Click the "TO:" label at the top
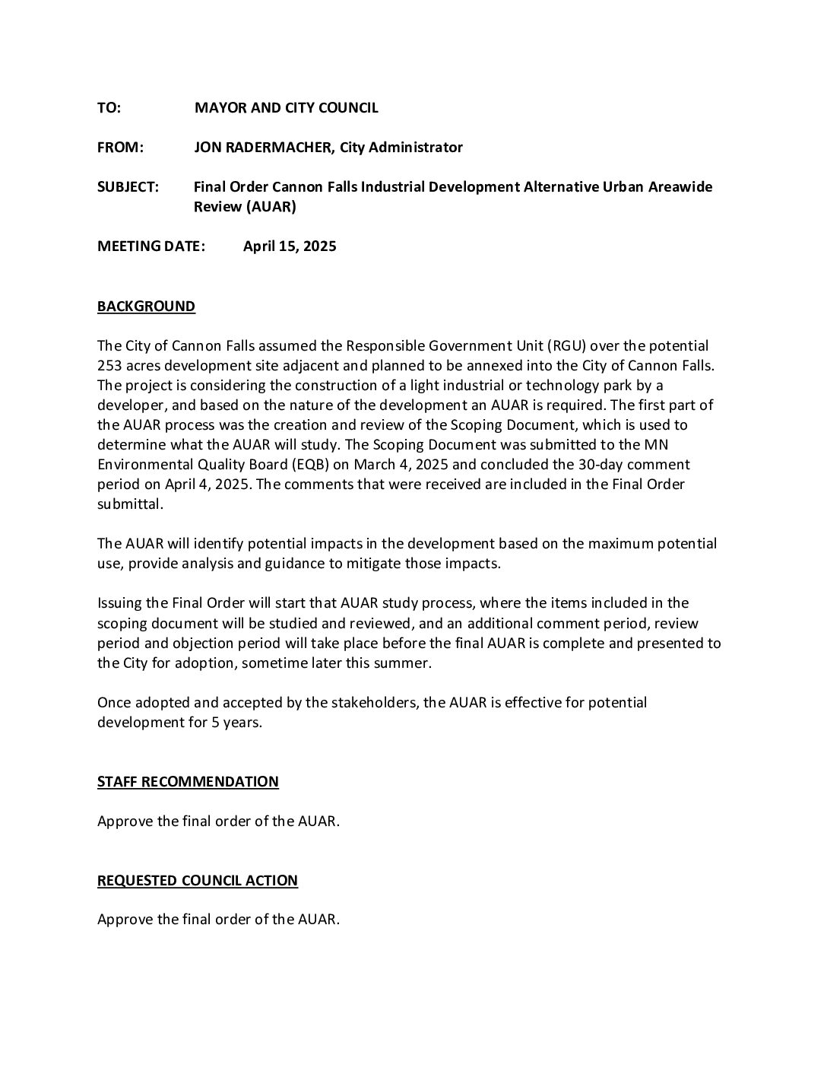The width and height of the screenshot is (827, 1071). [x=109, y=108]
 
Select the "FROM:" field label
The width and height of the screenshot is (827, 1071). [x=120, y=148]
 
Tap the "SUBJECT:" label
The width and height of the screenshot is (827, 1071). [x=128, y=187]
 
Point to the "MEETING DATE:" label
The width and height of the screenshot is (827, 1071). [x=151, y=246]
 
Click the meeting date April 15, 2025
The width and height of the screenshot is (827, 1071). [x=290, y=246]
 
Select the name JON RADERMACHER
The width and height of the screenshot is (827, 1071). [x=264, y=148]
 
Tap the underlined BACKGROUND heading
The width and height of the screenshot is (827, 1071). [x=146, y=307]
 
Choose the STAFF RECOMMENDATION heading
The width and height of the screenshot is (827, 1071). [x=188, y=782]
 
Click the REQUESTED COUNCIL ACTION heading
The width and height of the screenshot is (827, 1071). [x=198, y=881]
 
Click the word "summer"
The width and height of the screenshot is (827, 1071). [x=407, y=663]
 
